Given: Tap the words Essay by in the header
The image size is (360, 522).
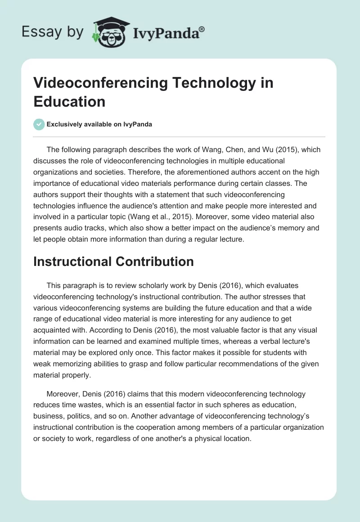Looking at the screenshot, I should pyautogui.click(x=52, y=32).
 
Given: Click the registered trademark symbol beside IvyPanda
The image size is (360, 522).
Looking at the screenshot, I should pyautogui.click(x=202, y=29).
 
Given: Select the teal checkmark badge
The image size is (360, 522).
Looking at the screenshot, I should pyautogui.click(x=39, y=124).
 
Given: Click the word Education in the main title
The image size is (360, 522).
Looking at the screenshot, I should pyautogui.click(x=69, y=101).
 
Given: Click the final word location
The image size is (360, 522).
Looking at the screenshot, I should pyautogui.click(x=236, y=438).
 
